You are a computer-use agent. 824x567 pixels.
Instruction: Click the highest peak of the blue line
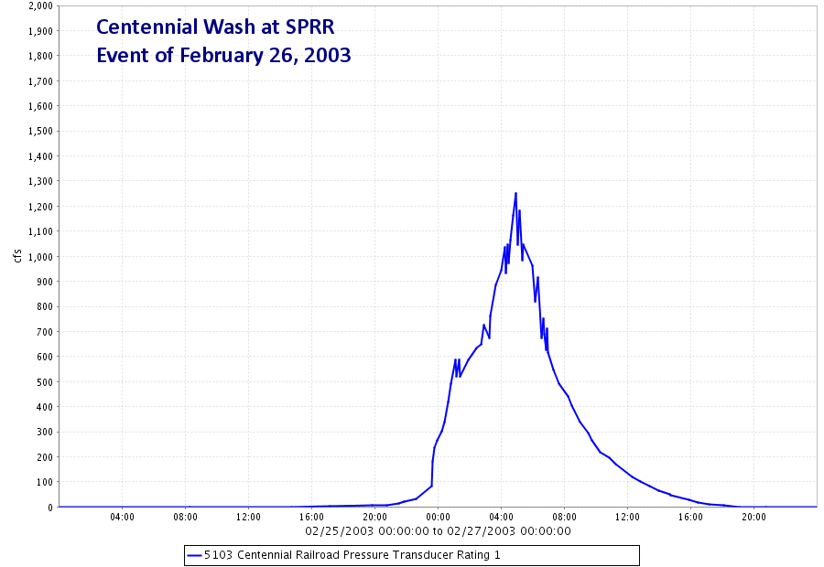coord(515,193)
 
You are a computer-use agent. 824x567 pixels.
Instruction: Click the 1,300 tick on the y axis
coord(41,181)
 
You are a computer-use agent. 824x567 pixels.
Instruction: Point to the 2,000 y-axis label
coord(41,5)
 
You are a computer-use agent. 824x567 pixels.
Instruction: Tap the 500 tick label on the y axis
coord(45,382)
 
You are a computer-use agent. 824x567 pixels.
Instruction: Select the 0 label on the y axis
coord(50,508)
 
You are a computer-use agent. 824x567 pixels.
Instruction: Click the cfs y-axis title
coord(18,256)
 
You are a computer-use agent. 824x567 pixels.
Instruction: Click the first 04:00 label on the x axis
coord(122,517)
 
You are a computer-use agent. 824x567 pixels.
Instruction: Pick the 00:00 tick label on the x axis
coord(438,517)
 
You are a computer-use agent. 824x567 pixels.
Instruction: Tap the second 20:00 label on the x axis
coord(754,517)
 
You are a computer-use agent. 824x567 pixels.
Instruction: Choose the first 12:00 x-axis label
coord(248,517)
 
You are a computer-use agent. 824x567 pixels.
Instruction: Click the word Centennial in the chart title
coord(146,27)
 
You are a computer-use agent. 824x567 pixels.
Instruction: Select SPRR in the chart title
coord(310,27)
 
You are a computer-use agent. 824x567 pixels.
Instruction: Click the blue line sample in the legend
coord(194,555)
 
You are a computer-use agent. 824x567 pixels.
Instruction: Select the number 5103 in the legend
coord(218,555)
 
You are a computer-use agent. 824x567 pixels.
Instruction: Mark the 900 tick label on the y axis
coord(45,282)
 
